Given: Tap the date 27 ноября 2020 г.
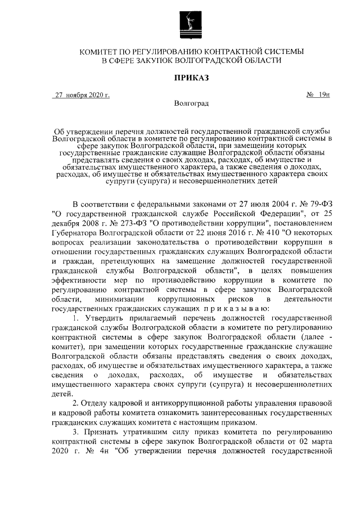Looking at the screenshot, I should click(x=82, y=95).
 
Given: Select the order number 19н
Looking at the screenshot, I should click(x=322, y=95).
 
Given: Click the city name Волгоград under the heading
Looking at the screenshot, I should click(x=192, y=103).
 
